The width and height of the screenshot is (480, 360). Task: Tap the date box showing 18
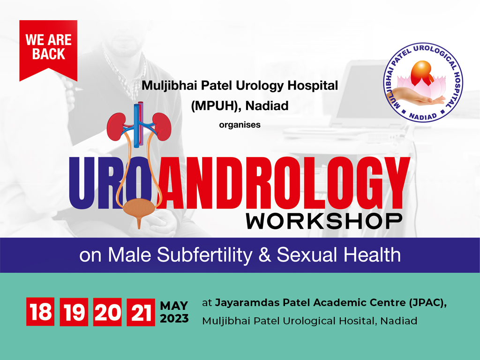point(40,312)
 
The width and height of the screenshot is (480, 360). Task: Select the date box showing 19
point(74,312)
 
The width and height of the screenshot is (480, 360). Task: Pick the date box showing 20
point(107,312)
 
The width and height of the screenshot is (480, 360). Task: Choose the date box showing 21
point(141,312)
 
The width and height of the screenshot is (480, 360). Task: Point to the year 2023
point(174,319)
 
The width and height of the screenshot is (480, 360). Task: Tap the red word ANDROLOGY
point(281,183)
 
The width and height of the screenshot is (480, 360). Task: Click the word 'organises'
point(240,125)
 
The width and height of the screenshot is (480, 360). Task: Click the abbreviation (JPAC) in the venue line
point(425,303)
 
